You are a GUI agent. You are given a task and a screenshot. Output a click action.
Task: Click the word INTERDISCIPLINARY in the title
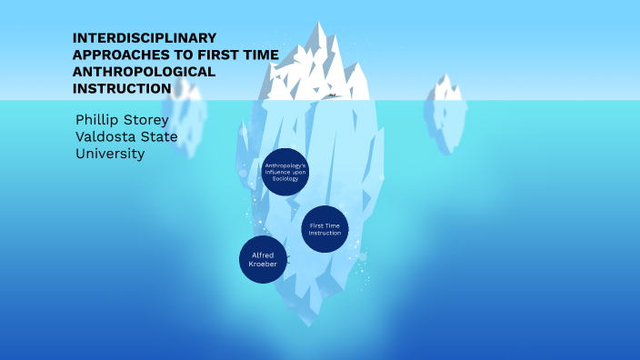[145, 38]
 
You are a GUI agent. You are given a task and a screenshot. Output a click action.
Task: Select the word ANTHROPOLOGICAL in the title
[144, 72]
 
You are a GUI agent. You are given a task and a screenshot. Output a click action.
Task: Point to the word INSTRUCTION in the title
[122, 88]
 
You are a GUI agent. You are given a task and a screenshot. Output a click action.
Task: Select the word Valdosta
[107, 137]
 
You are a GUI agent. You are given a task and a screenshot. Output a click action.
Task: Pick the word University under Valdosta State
[110, 154]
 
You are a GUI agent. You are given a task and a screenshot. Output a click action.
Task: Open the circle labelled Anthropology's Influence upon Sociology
[285, 171]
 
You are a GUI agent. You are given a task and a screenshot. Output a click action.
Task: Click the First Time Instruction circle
[325, 228]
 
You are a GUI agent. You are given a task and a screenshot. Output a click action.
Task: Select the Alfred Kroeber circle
[263, 259]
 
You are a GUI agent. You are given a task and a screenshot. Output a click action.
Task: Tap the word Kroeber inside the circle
[263, 264]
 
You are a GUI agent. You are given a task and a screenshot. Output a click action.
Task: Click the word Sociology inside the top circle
[285, 179]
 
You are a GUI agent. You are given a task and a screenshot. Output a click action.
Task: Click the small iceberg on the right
[446, 105]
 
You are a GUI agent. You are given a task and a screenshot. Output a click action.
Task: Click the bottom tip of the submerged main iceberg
[310, 323]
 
